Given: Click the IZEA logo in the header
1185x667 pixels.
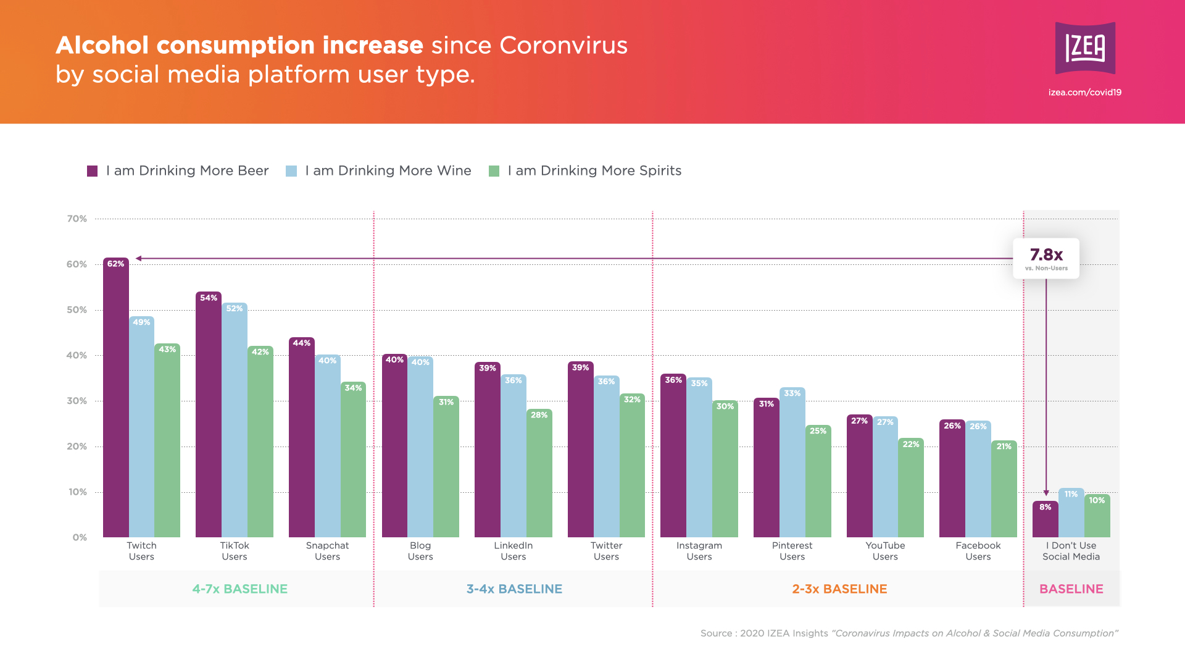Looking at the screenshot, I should [x=1085, y=48].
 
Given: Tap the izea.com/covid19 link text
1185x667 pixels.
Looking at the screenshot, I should [x=1084, y=93].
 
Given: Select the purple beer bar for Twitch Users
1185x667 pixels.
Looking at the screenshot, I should [x=116, y=398].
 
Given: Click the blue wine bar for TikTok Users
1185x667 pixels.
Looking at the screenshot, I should [x=235, y=420].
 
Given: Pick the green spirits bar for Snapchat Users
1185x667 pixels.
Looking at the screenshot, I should [x=353, y=459].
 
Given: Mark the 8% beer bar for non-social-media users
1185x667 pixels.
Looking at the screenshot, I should [x=1045, y=519].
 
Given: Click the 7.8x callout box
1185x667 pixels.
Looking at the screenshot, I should [x=1046, y=258].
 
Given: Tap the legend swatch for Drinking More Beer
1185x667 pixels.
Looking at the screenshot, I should [x=93, y=171].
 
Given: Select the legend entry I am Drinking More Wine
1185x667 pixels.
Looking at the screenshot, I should [x=388, y=171].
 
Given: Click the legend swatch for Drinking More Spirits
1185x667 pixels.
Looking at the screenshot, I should [x=494, y=171].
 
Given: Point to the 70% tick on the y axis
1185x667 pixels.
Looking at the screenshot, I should [x=77, y=219].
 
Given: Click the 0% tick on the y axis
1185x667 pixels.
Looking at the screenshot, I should [x=80, y=537].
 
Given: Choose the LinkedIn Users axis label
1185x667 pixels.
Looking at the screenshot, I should [x=513, y=551].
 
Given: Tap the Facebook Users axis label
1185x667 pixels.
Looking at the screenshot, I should [x=978, y=551].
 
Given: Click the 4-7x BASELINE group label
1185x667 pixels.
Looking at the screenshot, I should [x=240, y=589].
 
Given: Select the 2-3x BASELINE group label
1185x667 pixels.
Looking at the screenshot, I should [x=839, y=589].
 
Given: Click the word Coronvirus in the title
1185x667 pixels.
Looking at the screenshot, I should [x=563, y=46].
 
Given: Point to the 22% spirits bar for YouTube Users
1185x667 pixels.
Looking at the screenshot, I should [x=911, y=488].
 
